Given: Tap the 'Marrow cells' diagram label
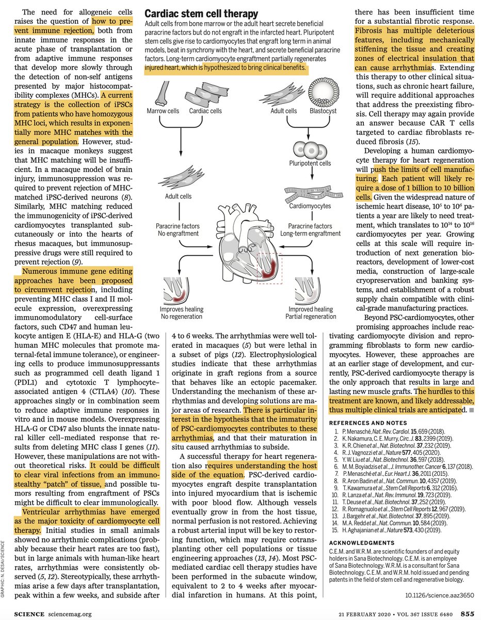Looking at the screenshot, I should click(x=163, y=111).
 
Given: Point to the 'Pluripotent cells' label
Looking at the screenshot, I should click(x=310, y=163).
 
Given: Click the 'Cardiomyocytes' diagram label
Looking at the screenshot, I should click(x=310, y=206).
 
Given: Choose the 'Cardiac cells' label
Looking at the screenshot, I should click(x=205, y=111).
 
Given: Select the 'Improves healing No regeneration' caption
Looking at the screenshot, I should click(x=182, y=313).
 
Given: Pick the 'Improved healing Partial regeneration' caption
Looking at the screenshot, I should click(x=311, y=313).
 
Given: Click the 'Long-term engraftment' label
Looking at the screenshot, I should click(x=310, y=234).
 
